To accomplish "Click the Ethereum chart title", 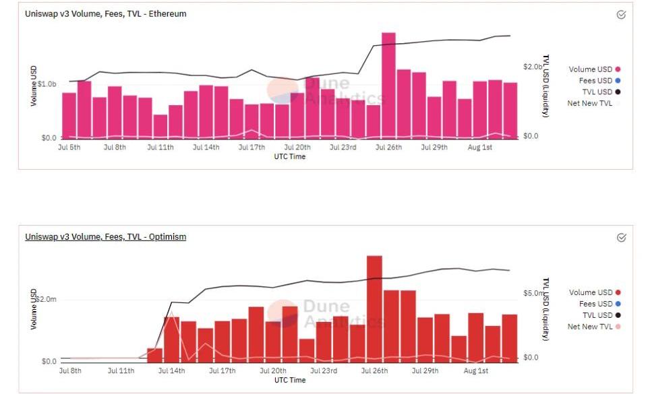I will click(106, 14).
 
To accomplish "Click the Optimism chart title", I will click(106, 237).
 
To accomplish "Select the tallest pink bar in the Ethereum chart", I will click(388, 85).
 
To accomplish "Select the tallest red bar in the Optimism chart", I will click(374, 308).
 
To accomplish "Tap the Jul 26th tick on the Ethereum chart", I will click(388, 147).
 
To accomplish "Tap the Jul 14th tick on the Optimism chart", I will click(172, 370).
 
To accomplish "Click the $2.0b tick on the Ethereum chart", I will click(533, 67).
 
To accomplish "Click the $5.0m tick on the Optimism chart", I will click(533, 294).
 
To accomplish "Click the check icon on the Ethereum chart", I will click(621, 14).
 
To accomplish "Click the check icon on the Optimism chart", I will click(621, 237).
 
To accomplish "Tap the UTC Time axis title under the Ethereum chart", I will click(289, 157).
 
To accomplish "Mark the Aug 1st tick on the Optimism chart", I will click(476, 370).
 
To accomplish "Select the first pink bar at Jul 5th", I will click(69, 115).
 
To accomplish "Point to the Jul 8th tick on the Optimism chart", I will click(70, 370).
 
